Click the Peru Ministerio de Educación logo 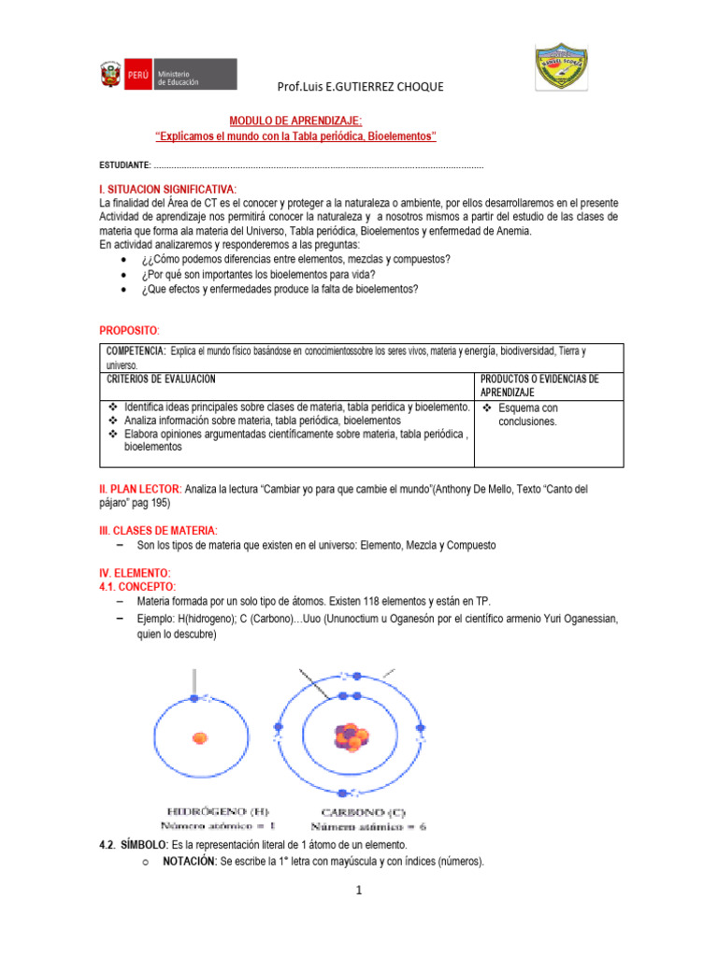click(167, 75)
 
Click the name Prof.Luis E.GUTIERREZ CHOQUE click(360, 87)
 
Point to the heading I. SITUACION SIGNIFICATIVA click(167, 189)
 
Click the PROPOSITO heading click(129, 331)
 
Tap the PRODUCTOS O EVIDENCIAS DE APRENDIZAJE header click(538, 385)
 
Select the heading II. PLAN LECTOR click(140, 489)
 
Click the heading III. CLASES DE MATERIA click(157, 530)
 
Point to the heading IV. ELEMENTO click(135, 571)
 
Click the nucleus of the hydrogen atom click(199, 738)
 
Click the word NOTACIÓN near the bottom click(190, 862)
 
